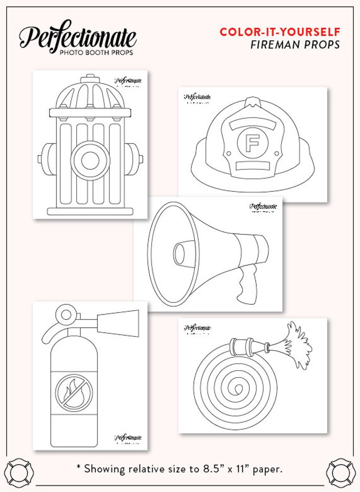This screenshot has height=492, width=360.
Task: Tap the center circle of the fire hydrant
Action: (90, 160)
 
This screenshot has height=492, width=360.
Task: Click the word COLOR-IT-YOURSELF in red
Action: (280, 32)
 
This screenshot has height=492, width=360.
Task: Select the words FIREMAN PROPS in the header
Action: (295, 44)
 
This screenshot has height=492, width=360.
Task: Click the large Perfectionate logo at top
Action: (77, 36)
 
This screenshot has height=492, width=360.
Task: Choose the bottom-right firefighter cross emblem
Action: (341, 472)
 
